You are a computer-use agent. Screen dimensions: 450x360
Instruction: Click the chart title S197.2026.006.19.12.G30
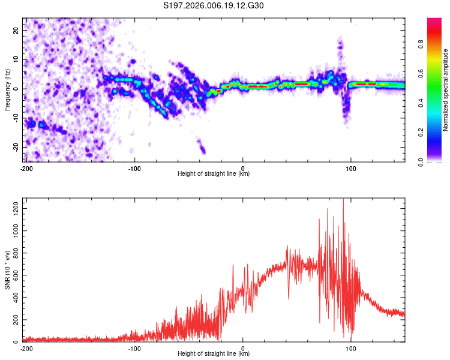coord(213,5)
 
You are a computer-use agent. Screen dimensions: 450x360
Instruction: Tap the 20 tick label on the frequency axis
coord(16,31)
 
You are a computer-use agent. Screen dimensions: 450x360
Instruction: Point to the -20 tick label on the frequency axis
coord(16,148)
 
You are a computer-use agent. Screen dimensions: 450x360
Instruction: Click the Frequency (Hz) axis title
coord(7,90)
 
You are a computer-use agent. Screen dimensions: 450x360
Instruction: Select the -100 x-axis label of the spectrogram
coord(134,169)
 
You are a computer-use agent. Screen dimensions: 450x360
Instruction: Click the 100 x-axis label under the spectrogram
coord(351,169)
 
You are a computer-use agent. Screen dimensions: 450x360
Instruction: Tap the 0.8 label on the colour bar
coord(421,44)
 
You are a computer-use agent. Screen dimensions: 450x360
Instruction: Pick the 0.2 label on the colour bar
coord(421,133)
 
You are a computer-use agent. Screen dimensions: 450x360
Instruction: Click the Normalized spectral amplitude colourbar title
coord(445,90)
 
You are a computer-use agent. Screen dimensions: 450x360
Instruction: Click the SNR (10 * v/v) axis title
coord(7,270)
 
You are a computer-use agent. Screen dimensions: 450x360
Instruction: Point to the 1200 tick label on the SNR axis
coord(16,209)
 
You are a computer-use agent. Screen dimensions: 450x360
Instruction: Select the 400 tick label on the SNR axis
coord(16,298)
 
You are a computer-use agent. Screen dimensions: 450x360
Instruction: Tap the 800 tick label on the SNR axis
coord(16,253)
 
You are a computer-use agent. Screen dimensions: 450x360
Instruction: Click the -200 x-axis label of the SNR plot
coord(26,349)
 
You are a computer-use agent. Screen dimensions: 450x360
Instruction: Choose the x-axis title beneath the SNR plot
coord(214,353)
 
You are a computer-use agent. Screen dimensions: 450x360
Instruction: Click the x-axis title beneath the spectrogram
coord(214,173)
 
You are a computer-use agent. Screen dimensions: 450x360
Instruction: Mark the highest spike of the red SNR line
coord(343,199)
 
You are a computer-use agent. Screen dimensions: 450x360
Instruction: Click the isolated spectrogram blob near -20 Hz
coord(202,146)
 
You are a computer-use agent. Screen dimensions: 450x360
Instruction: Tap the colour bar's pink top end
coord(434,19)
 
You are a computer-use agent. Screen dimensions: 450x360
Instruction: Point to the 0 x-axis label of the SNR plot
coord(243,349)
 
